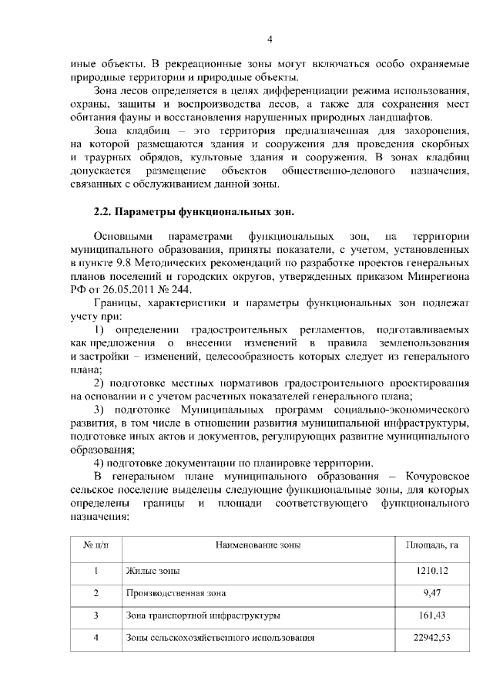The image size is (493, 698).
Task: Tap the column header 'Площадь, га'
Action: (x=431, y=545)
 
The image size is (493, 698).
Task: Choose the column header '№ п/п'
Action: (x=96, y=545)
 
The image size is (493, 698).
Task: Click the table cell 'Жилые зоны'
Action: (x=153, y=572)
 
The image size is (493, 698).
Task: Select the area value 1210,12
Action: (x=431, y=572)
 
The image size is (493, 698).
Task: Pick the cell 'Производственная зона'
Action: (x=176, y=594)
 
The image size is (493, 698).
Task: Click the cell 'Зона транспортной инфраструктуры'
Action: (x=202, y=616)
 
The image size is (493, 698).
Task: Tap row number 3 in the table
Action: (x=96, y=616)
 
